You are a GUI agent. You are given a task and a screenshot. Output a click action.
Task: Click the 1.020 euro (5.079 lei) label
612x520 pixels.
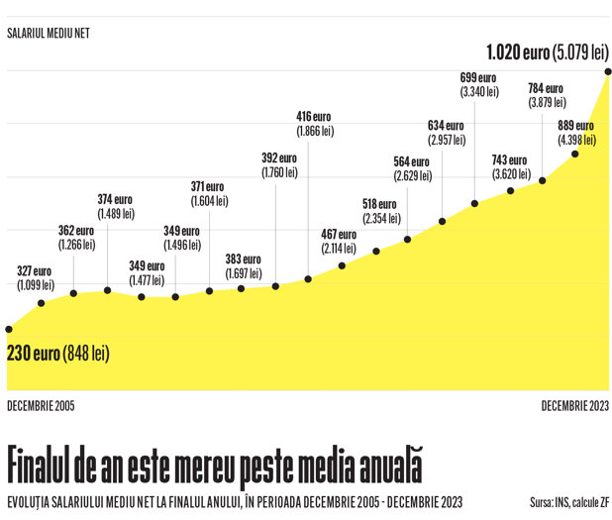(x=548, y=52)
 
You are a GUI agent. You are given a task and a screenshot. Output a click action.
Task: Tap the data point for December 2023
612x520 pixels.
(x=608, y=71)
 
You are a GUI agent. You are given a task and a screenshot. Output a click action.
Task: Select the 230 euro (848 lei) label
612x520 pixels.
(x=58, y=354)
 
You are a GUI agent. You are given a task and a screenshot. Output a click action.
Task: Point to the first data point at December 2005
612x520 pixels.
(x=9, y=329)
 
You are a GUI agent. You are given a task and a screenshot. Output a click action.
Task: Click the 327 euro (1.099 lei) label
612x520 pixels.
(x=36, y=278)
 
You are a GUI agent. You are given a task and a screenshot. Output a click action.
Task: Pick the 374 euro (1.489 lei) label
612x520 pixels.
(x=116, y=207)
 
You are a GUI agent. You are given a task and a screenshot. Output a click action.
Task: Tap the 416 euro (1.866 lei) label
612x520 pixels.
(x=315, y=124)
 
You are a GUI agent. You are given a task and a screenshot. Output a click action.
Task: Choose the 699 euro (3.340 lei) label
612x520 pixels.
(x=479, y=85)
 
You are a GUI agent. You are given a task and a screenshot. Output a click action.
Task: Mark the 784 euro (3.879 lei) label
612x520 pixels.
(x=547, y=95)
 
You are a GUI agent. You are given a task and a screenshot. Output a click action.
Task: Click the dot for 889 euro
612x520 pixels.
(x=575, y=155)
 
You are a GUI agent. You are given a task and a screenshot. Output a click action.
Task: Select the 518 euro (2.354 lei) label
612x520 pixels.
(x=381, y=211)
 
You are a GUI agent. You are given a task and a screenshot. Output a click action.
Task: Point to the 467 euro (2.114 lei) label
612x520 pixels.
(x=339, y=242)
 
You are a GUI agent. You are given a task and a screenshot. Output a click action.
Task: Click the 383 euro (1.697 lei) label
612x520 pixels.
(x=244, y=266)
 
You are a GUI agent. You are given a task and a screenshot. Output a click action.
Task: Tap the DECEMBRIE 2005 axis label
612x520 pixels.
(x=41, y=406)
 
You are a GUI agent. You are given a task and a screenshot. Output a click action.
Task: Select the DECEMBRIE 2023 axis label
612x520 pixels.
(x=575, y=406)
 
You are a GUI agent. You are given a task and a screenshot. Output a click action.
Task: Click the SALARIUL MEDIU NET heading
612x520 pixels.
(x=49, y=34)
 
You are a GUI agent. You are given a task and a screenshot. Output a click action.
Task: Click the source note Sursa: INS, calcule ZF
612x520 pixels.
(x=569, y=502)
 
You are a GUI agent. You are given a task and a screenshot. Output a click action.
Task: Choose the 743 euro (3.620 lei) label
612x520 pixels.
(x=511, y=167)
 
